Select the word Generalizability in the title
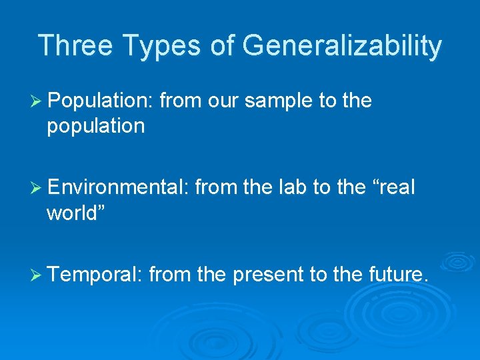[342, 46]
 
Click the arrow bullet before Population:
[37, 101]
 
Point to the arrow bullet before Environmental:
[37, 189]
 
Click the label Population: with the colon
[101, 101]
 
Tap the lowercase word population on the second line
[95, 126]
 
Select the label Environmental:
[119, 189]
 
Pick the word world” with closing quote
[75, 213]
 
